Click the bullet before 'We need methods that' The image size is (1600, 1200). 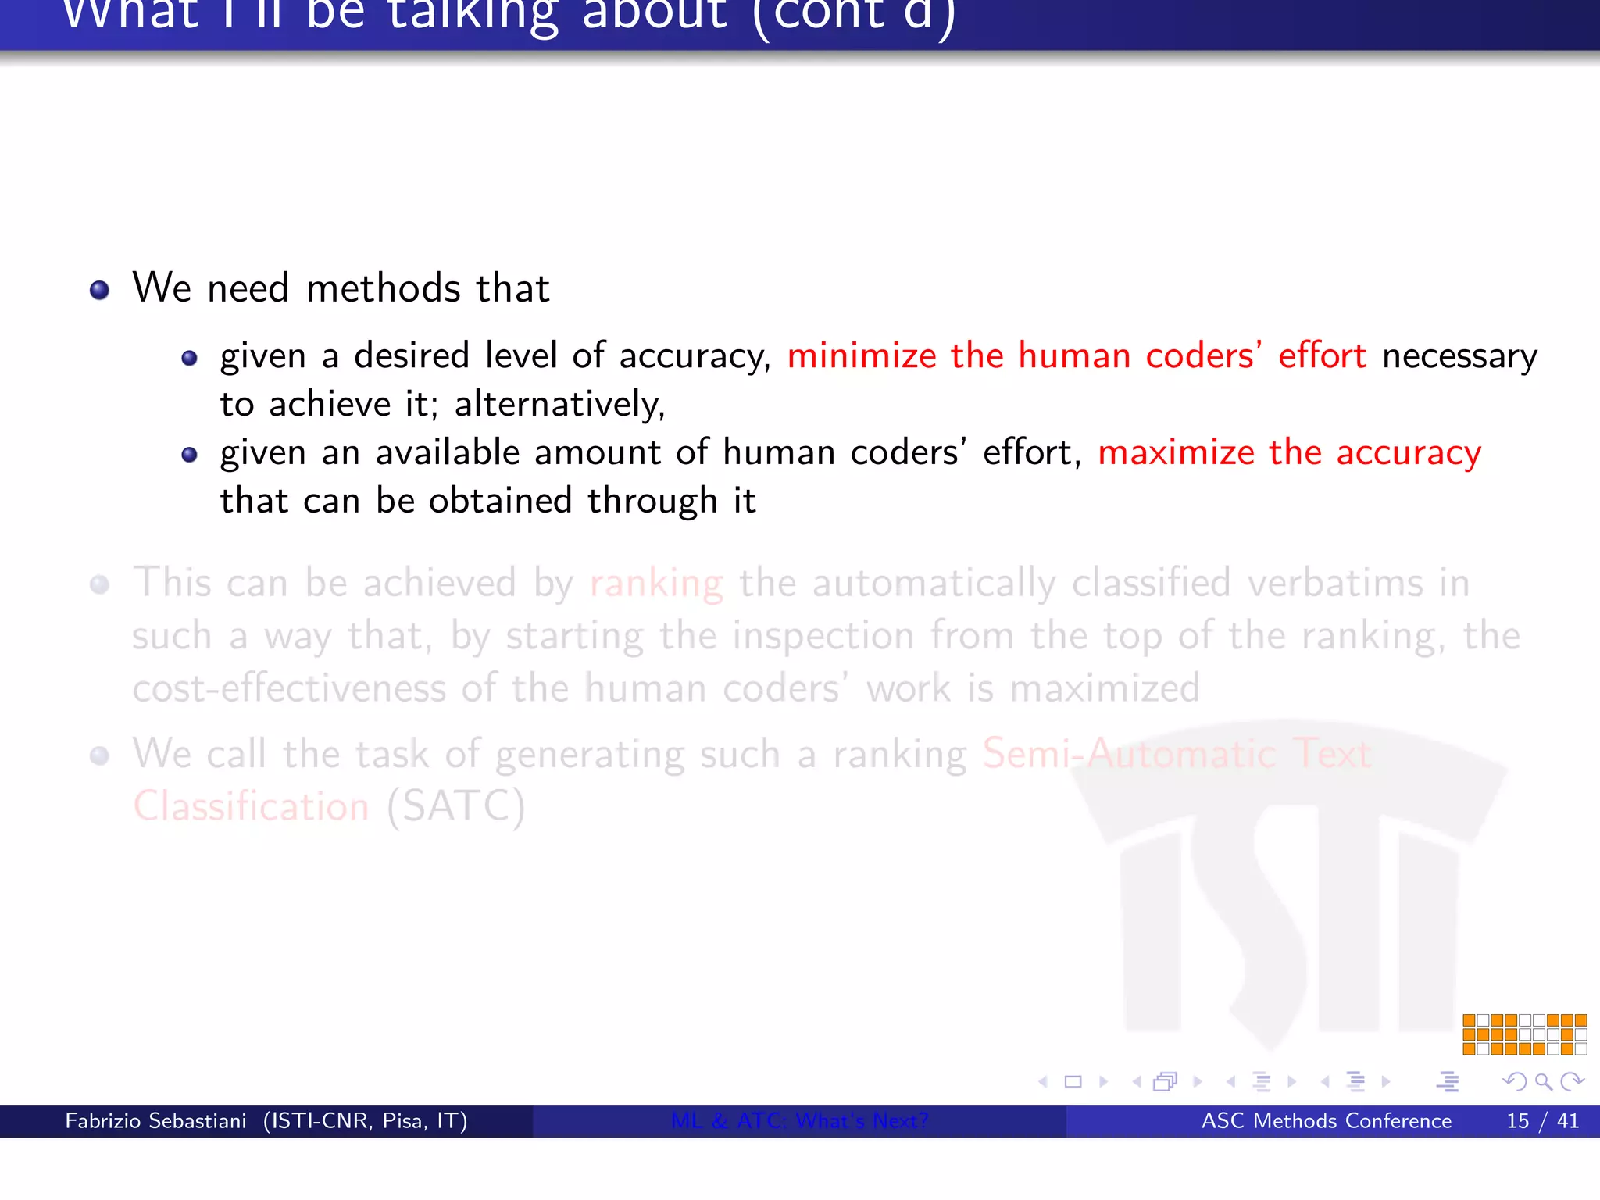(99, 291)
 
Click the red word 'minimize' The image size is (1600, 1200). (861, 356)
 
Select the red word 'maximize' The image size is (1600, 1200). (1176, 453)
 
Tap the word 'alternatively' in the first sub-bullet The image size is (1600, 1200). (558, 405)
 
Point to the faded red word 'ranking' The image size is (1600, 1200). (656, 584)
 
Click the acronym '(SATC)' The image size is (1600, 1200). (455, 806)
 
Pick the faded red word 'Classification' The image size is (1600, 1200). (251, 806)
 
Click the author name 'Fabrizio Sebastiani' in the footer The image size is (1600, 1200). (155, 1121)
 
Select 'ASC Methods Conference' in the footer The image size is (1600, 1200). (1326, 1121)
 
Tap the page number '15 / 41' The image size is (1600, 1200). (1542, 1121)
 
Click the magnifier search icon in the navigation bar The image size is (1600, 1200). (1543, 1081)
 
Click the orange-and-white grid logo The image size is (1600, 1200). (1524, 1034)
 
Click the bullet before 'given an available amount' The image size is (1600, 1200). (189, 455)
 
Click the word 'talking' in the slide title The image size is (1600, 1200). (473, 14)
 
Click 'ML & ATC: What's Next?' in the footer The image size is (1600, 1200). (799, 1121)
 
